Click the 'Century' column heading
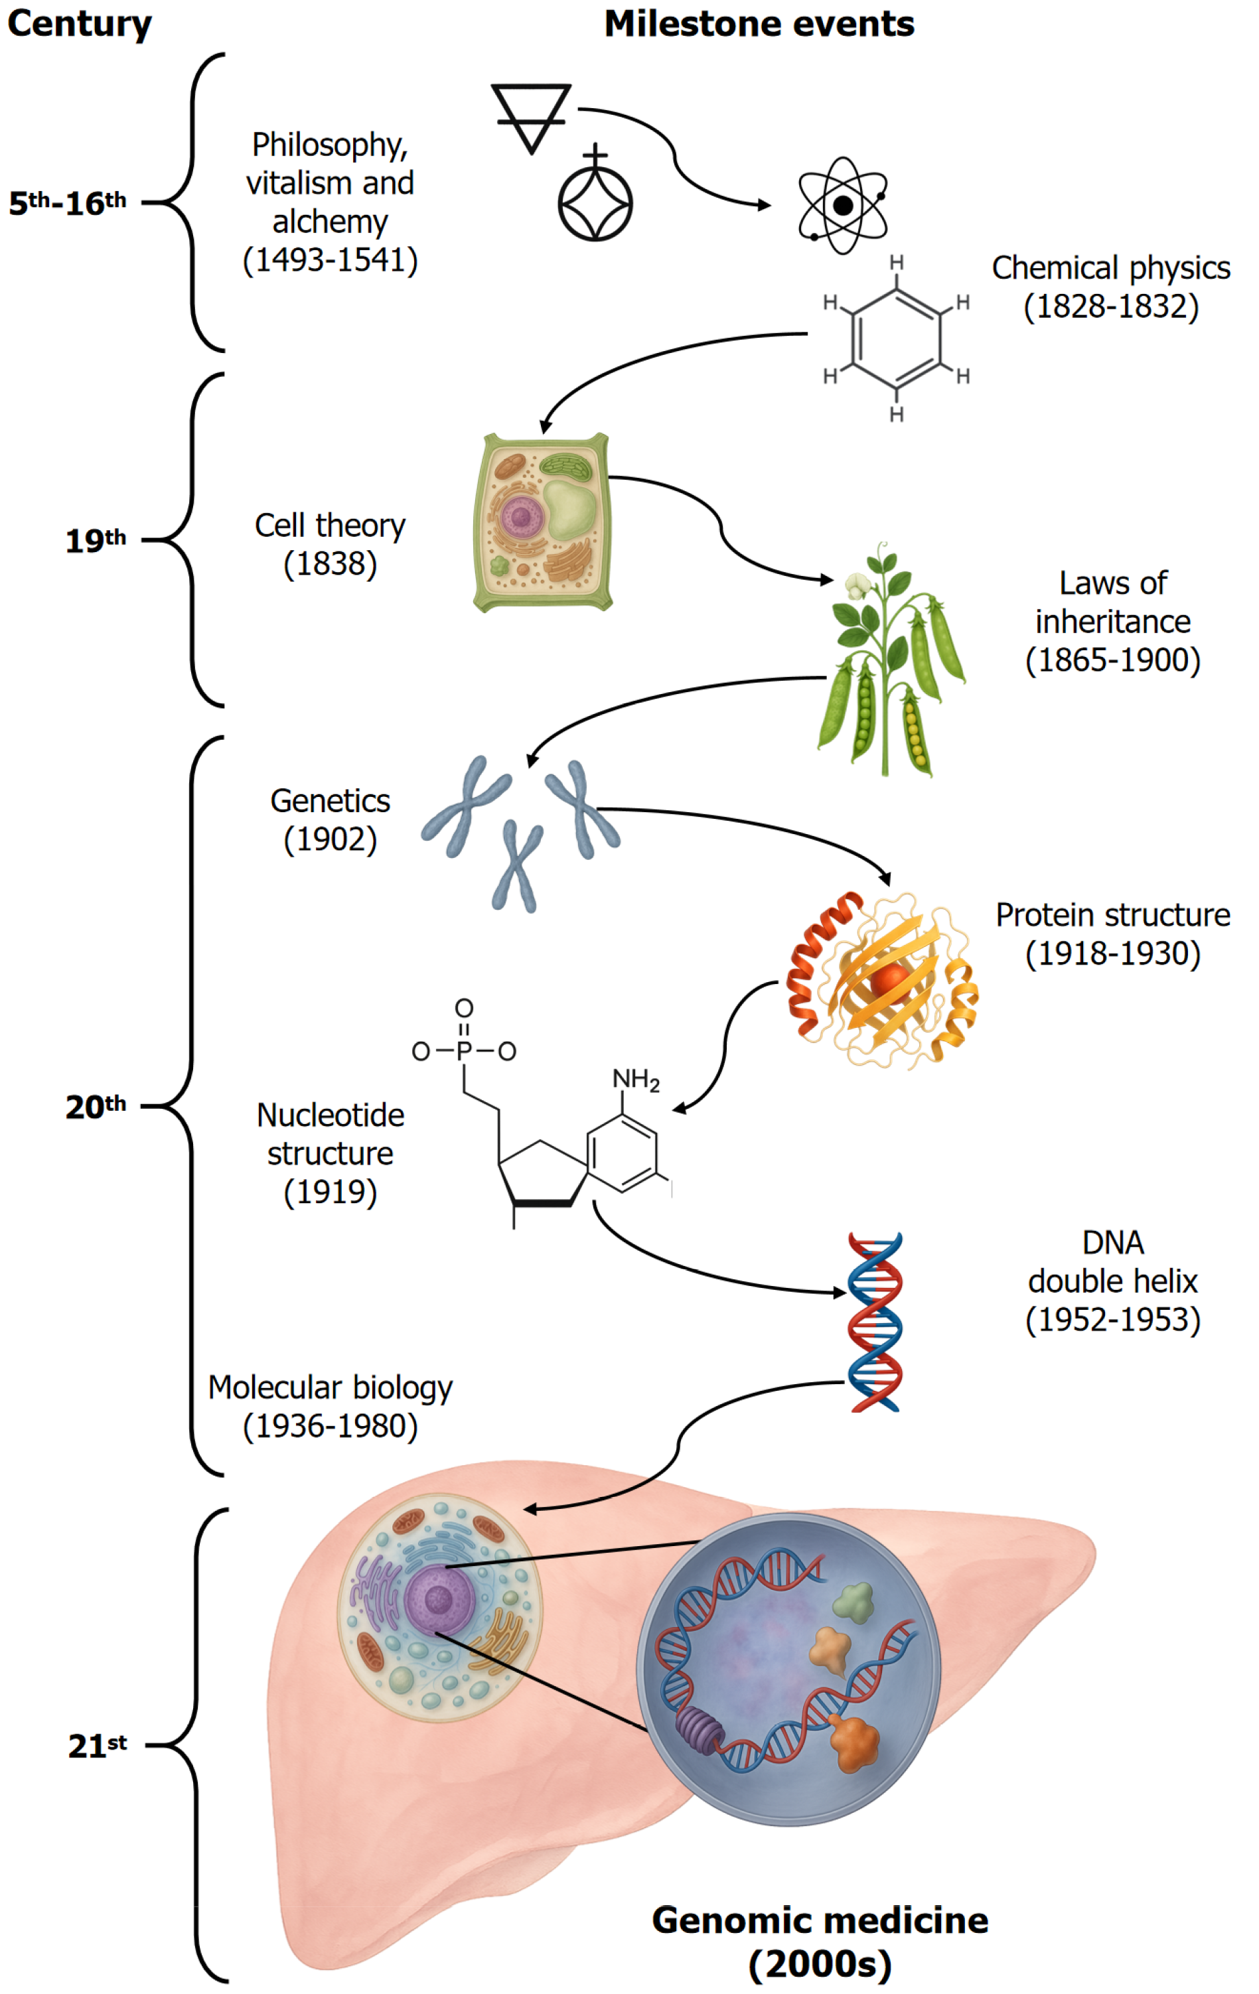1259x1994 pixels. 80,24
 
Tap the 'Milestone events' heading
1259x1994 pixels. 759,24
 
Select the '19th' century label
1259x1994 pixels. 96,541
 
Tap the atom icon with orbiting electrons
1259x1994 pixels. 842,204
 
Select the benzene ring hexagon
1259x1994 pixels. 896,338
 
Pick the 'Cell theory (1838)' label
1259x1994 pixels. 330,544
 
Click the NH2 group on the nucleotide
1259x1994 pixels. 635,1079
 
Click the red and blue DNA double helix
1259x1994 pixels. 875,1322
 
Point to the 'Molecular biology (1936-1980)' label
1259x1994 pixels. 330,1406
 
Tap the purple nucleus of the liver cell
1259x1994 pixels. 439,1599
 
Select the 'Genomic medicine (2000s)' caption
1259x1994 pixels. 820,1940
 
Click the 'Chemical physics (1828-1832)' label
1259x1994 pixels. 1111,287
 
